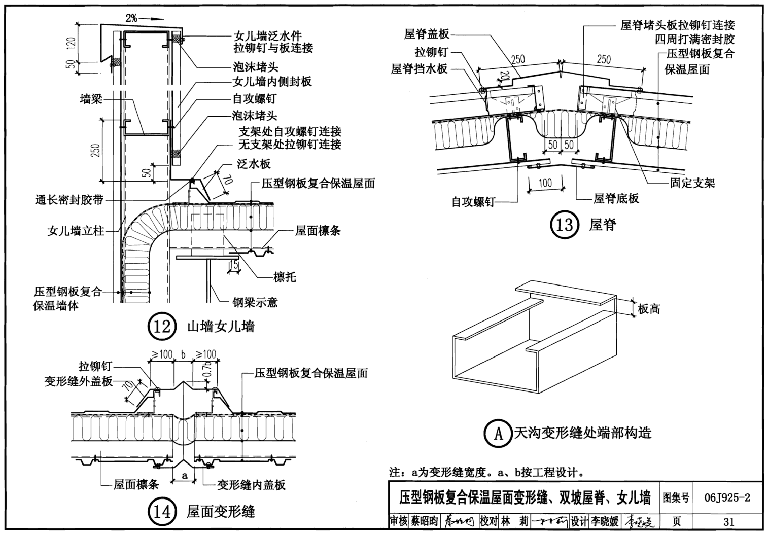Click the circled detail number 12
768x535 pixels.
(162, 327)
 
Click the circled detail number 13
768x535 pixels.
(564, 224)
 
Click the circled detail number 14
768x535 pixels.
(162, 512)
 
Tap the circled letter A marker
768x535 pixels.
(498, 433)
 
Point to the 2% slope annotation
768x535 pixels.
(131, 18)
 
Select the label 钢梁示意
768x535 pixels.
(255, 303)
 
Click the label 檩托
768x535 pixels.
(285, 277)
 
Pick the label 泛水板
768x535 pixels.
(254, 164)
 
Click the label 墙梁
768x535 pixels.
(91, 99)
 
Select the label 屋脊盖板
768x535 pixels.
(427, 34)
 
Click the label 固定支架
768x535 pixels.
(692, 183)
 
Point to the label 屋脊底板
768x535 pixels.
(616, 198)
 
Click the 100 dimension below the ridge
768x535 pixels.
(545, 183)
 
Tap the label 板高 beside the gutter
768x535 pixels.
(649, 308)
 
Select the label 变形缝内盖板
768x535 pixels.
(251, 485)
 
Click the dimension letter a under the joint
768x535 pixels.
(185, 475)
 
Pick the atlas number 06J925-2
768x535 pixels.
(727, 497)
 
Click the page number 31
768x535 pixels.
(729, 521)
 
